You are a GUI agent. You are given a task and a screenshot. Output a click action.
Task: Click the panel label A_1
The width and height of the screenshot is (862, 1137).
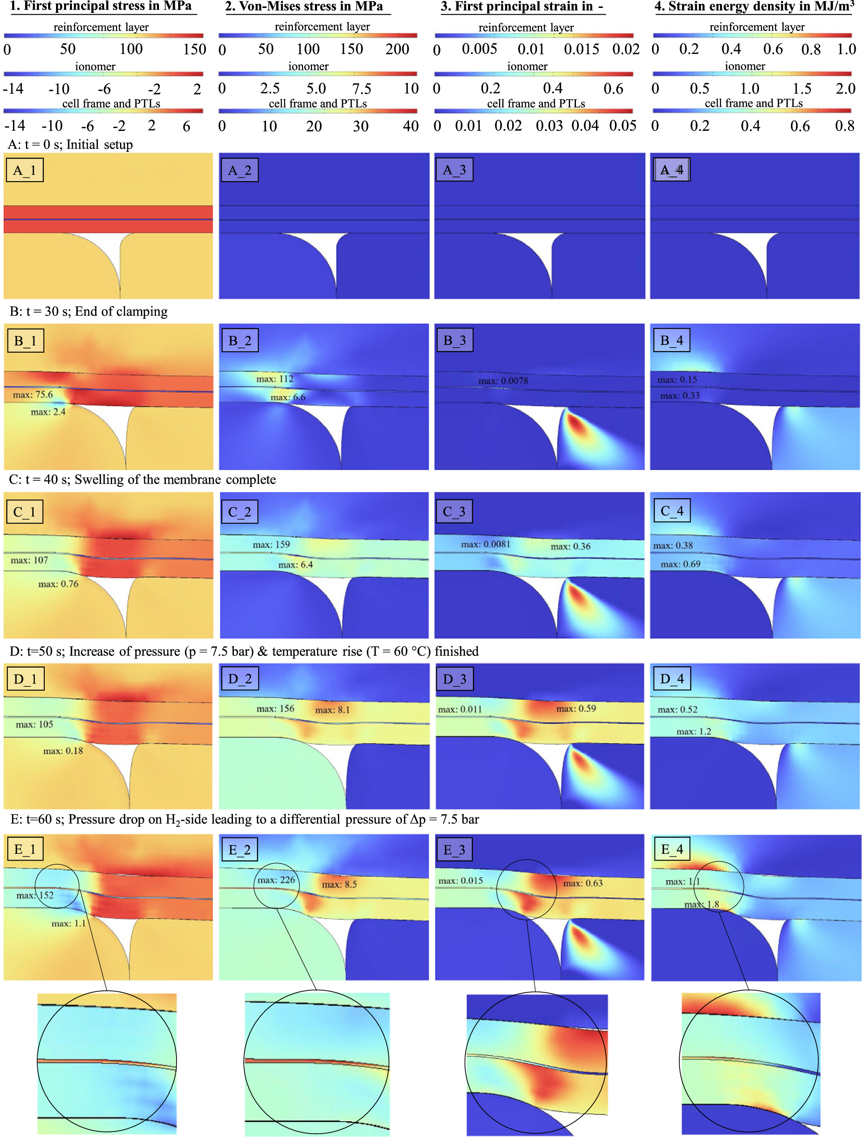tap(24, 170)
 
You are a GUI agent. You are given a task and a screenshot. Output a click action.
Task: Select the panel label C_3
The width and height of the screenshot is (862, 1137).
tap(454, 512)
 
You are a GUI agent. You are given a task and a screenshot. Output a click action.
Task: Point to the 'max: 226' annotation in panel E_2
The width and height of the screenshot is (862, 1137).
tap(276, 880)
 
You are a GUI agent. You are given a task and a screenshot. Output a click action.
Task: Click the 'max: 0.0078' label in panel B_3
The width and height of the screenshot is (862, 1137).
tap(503, 381)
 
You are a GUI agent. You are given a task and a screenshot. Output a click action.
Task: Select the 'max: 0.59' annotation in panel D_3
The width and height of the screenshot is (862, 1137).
tap(576, 708)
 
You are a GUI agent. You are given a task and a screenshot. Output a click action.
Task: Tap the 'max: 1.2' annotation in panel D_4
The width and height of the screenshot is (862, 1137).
tap(693, 732)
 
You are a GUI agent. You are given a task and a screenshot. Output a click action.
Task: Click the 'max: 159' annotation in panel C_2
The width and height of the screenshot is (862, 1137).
tap(271, 544)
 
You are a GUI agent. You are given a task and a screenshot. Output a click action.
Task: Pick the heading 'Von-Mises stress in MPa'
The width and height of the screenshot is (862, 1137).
tap(310, 7)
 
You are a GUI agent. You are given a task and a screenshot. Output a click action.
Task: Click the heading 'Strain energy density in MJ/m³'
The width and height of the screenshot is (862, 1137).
tap(754, 7)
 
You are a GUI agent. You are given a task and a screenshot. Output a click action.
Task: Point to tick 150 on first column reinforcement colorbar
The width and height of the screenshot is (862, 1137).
tap(194, 49)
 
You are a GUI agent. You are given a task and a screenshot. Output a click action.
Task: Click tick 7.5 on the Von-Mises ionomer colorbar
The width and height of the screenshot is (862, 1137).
tap(361, 88)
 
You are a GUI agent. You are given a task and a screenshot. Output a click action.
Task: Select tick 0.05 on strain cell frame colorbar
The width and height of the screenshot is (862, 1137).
tap(622, 126)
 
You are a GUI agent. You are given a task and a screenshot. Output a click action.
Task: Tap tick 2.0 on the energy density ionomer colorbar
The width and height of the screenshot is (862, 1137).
tap(845, 88)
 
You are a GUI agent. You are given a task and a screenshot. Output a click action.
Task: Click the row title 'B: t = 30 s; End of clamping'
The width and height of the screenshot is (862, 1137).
tap(88, 312)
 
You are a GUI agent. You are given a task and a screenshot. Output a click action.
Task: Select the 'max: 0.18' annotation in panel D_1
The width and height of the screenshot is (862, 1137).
tap(63, 751)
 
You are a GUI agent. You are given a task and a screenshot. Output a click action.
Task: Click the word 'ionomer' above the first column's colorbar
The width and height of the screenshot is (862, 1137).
tap(95, 67)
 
